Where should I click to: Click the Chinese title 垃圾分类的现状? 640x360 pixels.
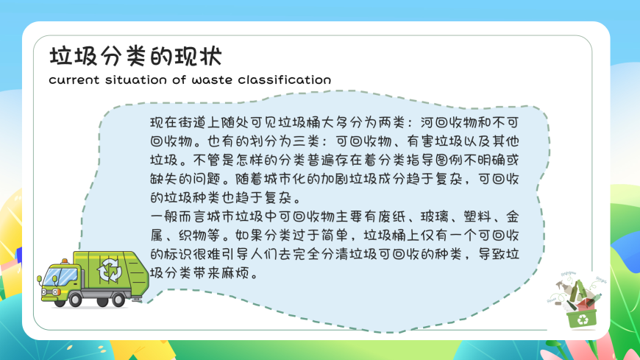click(135, 56)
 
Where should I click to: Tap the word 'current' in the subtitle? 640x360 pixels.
click(74, 80)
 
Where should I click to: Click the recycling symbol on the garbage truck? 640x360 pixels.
click(110, 270)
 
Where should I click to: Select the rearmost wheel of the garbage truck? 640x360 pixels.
click(118, 300)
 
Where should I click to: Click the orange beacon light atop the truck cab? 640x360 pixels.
click(65, 261)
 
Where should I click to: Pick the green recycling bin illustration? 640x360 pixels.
click(582, 318)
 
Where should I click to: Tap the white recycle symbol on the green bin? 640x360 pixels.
click(583, 320)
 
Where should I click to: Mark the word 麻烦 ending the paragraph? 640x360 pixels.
click(234, 273)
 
